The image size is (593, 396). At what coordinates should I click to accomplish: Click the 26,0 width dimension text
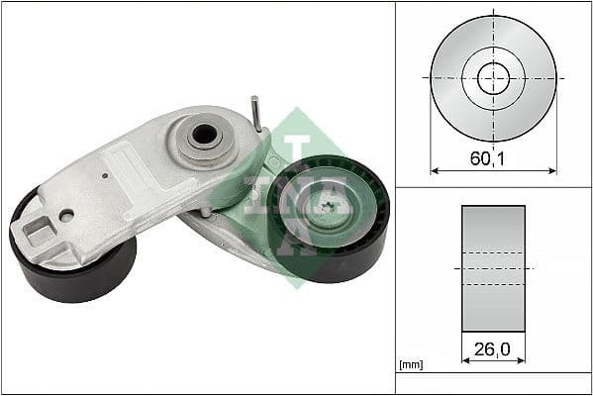click(x=493, y=349)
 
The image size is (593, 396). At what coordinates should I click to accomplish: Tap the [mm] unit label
click(x=409, y=365)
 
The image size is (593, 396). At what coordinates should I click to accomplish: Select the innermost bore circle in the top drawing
click(x=493, y=78)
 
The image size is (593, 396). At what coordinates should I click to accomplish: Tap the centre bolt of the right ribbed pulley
click(x=328, y=209)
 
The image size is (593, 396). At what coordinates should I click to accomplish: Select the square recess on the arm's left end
click(x=39, y=231)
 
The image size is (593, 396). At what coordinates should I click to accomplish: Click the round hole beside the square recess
click(x=66, y=215)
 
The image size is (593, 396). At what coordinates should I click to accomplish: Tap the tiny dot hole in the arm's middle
click(x=106, y=176)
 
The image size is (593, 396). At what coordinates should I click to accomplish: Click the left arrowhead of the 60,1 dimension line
click(x=434, y=170)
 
